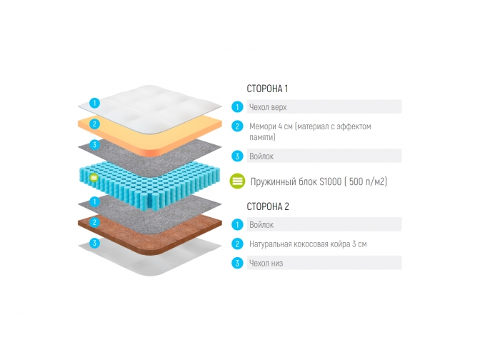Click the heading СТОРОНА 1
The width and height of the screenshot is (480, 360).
click(267, 89)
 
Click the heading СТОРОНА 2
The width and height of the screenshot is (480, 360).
click(268, 206)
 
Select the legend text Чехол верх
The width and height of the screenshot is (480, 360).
click(269, 107)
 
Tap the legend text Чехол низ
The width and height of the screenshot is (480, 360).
click(266, 263)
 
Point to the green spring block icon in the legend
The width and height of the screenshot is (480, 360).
click(238, 181)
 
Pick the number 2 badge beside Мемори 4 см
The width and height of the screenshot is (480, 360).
click(237, 126)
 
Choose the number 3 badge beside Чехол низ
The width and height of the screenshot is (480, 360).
click(237, 263)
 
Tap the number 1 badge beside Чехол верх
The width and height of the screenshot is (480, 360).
click(237, 107)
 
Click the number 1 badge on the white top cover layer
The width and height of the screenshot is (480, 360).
click(94, 103)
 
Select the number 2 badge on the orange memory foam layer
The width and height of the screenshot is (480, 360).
click(94, 124)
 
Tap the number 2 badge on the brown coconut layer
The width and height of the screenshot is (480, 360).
click(94, 222)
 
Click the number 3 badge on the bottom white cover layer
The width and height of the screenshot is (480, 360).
click(94, 244)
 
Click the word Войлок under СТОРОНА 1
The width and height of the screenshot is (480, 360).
click(261, 156)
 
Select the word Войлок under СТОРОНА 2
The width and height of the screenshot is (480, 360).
click(261, 225)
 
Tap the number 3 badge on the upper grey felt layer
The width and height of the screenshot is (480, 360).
click(94, 145)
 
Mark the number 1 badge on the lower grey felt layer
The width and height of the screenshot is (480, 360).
click(94, 201)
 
